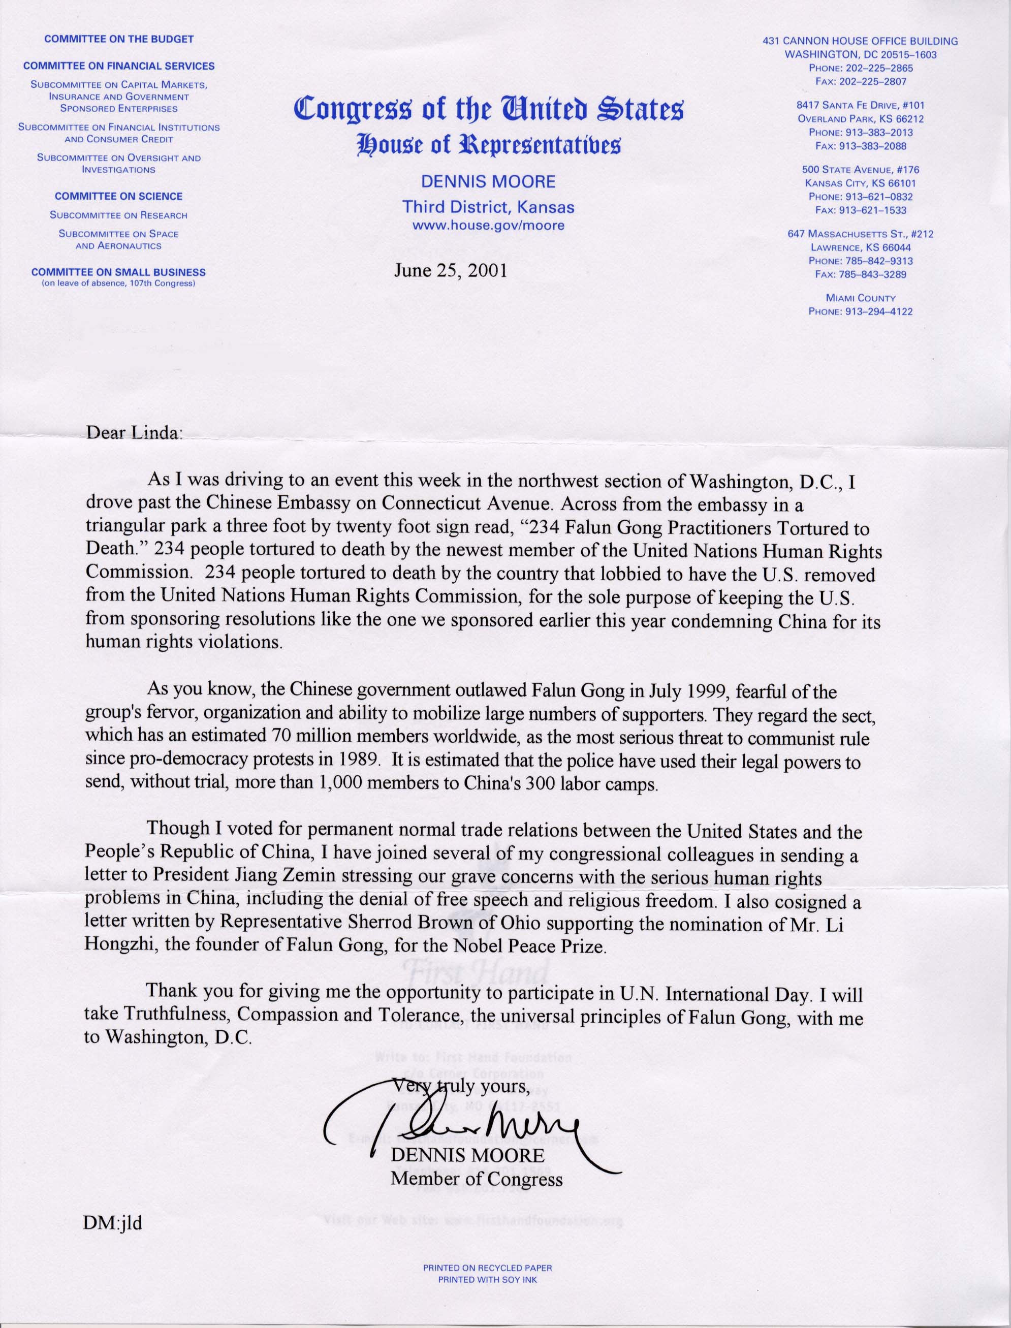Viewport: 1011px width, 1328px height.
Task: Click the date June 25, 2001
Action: tap(450, 270)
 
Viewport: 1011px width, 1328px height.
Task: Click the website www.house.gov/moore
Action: tap(488, 226)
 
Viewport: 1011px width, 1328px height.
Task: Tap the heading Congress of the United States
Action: tap(488, 110)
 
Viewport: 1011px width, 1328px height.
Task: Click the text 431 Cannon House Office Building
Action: tap(860, 42)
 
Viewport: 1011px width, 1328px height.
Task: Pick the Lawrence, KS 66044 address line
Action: tap(861, 247)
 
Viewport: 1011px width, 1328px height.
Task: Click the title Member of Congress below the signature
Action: tap(477, 1178)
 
